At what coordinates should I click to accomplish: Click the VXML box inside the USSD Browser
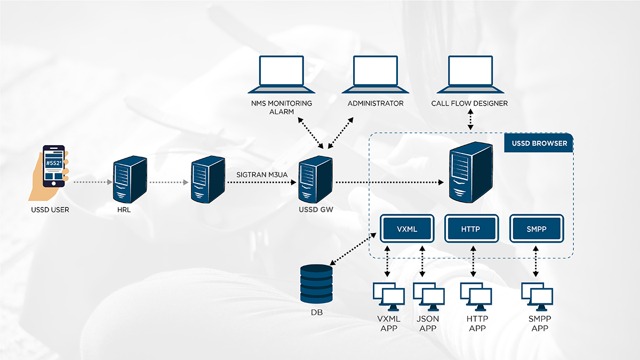(x=406, y=229)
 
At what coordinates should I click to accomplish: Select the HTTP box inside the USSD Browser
(x=471, y=229)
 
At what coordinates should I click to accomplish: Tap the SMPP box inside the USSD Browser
(x=536, y=229)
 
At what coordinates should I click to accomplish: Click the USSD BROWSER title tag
(x=539, y=143)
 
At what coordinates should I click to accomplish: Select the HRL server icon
(x=130, y=178)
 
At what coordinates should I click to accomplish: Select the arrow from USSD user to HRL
(x=92, y=182)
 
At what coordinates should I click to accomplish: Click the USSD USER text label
(x=50, y=210)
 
